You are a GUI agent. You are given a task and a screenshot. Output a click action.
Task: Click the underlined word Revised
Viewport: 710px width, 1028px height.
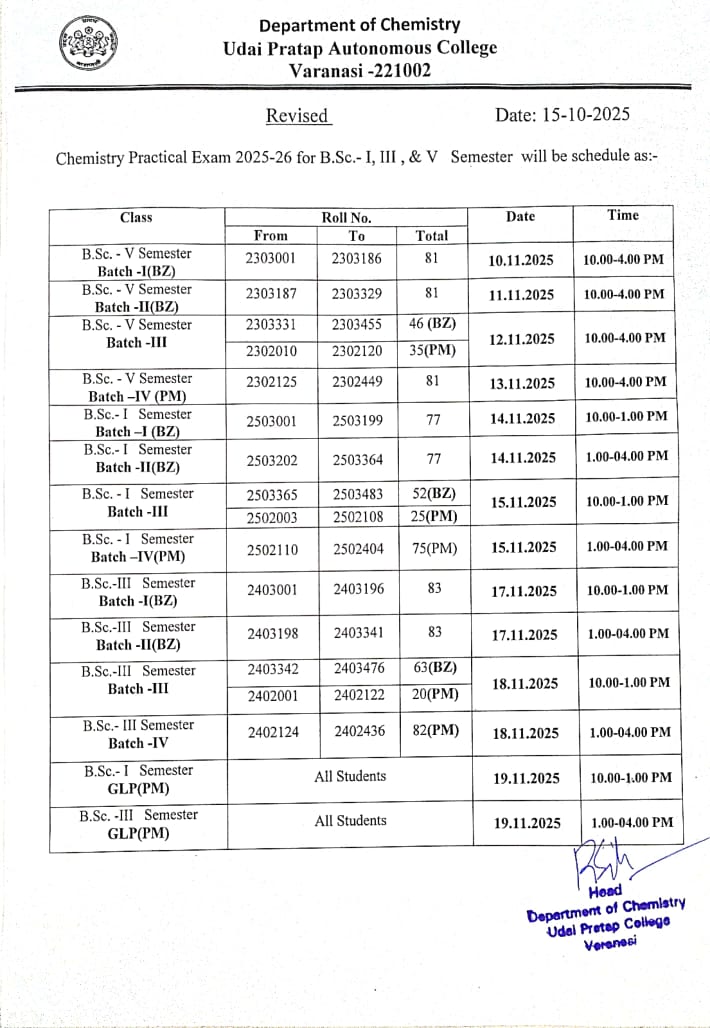coord(297,115)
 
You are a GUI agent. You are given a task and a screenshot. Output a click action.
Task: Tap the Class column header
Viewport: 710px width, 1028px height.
coord(136,217)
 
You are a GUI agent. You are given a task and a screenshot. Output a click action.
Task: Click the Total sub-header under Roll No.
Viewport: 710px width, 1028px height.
coord(432,236)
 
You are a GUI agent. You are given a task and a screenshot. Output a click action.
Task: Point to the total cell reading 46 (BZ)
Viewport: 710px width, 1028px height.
coord(433,325)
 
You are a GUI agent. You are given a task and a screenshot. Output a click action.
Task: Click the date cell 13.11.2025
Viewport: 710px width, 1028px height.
coord(521,384)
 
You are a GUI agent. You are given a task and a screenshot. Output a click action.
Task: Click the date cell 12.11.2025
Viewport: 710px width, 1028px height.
coord(521,340)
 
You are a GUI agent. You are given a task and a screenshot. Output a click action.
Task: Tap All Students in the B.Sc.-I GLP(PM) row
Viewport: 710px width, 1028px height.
coord(350,775)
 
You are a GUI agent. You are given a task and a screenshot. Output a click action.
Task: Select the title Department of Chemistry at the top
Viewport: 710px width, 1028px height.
coord(360,25)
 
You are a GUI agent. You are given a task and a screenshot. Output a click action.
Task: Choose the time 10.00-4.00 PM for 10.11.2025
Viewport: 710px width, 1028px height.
coord(624,260)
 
